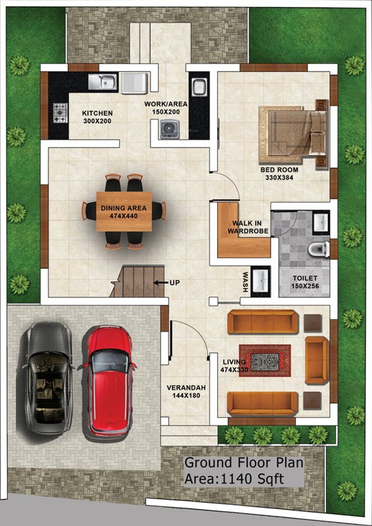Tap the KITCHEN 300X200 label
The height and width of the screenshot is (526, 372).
(x=97, y=117)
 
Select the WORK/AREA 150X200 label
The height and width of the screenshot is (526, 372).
(x=162, y=108)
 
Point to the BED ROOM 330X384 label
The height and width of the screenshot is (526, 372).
(x=280, y=173)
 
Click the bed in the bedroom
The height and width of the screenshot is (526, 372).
(x=293, y=131)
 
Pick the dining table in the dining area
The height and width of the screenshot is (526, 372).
(x=124, y=210)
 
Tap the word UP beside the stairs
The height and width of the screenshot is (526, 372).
(x=175, y=282)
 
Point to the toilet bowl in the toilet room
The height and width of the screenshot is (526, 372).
(x=317, y=249)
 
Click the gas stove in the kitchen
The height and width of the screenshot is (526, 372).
(x=60, y=112)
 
